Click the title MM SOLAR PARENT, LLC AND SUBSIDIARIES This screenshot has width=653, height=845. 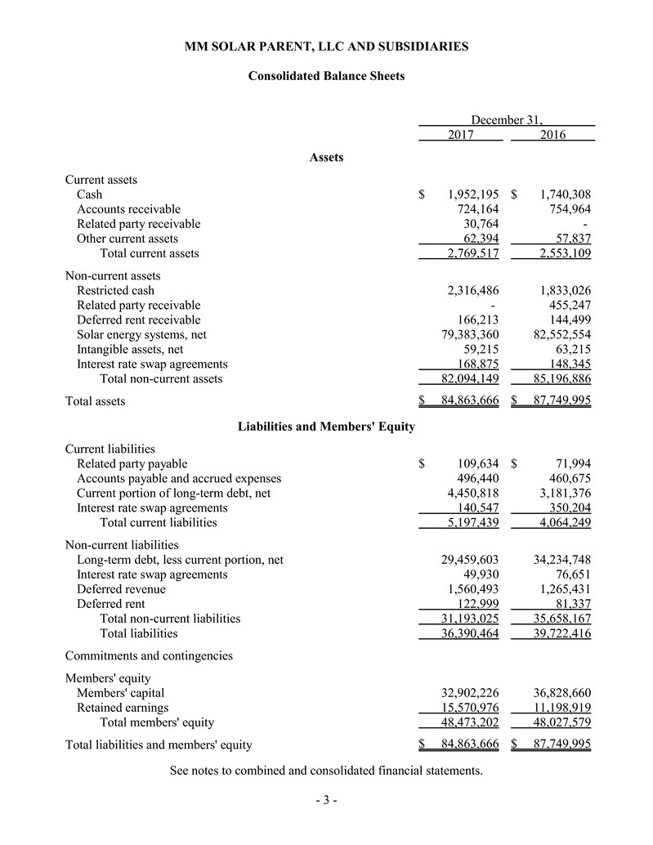[326, 47]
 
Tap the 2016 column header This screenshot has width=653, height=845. [553, 135]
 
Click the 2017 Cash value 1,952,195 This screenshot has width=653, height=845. [473, 194]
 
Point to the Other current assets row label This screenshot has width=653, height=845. [127, 239]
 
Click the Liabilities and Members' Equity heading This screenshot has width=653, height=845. [326, 427]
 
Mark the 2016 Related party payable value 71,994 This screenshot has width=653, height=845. [569, 463]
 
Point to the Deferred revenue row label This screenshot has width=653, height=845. [121, 588]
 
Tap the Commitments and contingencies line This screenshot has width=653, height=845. [149, 655]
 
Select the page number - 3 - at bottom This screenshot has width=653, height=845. [326, 800]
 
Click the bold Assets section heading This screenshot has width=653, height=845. [326, 157]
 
